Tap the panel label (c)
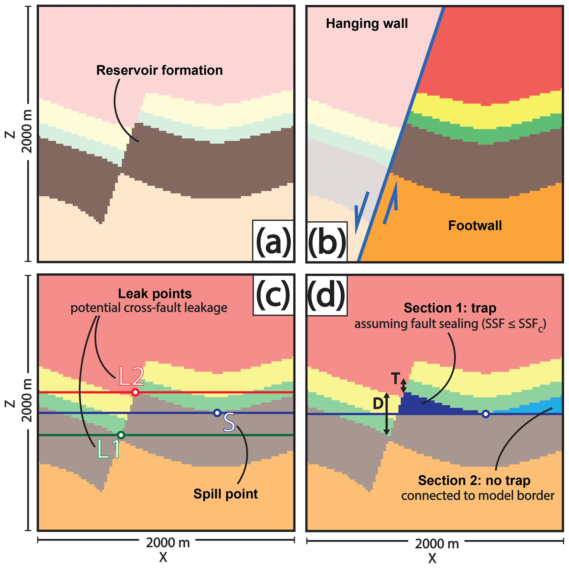pyautogui.click(x=273, y=295)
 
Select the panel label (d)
pyautogui.click(x=326, y=295)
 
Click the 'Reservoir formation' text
pyautogui.click(x=159, y=70)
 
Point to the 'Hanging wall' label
pyautogui.click(x=367, y=24)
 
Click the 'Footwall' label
pyautogui.click(x=475, y=226)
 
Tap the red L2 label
pyautogui.click(x=131, y=376)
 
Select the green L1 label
pyautogui.click(x=108, y=449)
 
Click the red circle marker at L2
pyautogui.click(x=135, y=392)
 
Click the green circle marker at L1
pyautogui.click(x=121, y=435)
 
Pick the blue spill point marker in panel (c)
pyautogui.click(x=217, y=413)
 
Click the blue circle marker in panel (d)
pyautogui.click(x=486, y=414)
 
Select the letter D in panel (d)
pyautogui.click(x=378, y=404)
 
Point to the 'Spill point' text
pyautogui.click(x=225, y=494)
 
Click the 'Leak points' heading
pyautogui.click(x=155, y=294)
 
